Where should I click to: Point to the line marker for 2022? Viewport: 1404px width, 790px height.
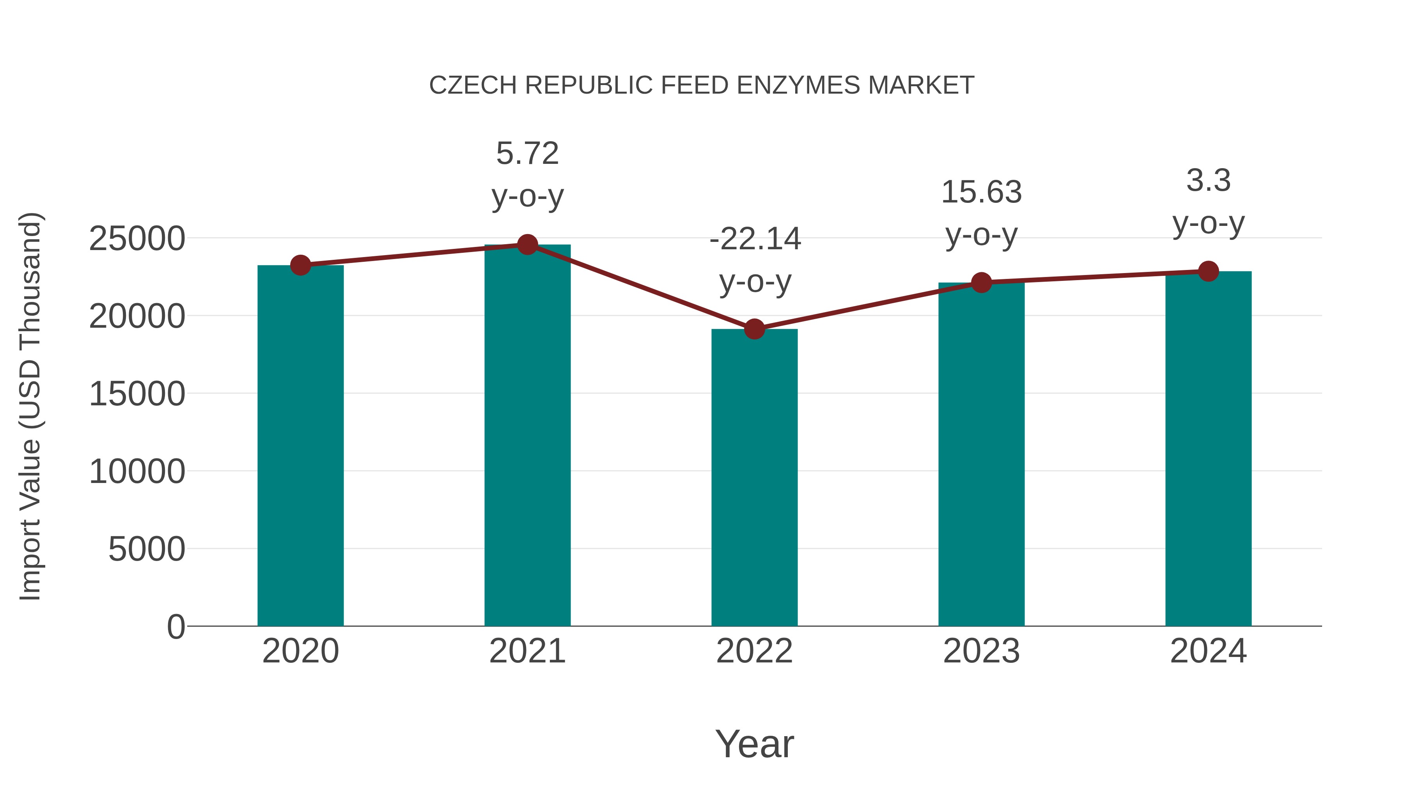click(x=754, y=329)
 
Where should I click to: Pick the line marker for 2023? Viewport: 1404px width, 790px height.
click(x=981, y=282)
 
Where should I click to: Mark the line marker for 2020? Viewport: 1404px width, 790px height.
click(x=300, y=266)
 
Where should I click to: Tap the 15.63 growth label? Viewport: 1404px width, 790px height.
click(x=981, y=192)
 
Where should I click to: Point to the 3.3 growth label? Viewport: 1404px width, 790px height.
click(x=1208, y=181)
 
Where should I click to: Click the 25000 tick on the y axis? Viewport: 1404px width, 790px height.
click(x=137, y=239)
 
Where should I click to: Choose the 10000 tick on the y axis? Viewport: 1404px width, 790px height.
click(x=137, y=472)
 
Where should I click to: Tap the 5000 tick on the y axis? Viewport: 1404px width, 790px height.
click(x=147, y=549)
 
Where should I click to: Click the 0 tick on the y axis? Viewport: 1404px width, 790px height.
click(x=175, y=627)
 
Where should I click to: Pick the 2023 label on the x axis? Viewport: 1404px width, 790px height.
click(x=981, y=651)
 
